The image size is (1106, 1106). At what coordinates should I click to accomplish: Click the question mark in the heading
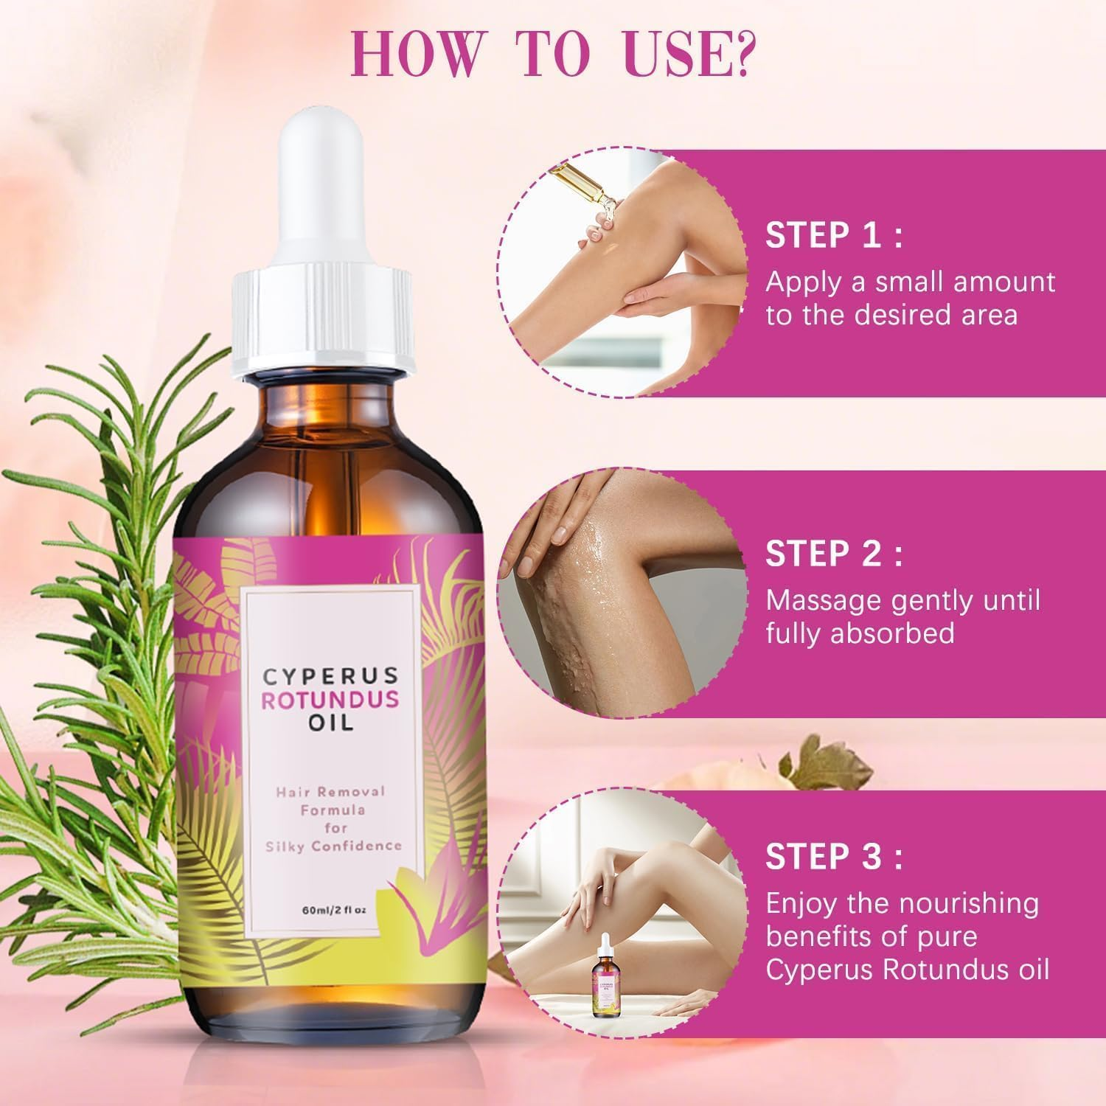[x=740, y=55]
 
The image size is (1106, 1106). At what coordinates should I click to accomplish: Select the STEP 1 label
[x=834, y=237]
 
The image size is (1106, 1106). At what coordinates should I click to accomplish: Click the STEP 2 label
[x=834, y=554]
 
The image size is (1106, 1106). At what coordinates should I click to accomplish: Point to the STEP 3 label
[x=834, y=857]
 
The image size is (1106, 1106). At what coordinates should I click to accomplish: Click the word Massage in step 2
[x=823, y=601]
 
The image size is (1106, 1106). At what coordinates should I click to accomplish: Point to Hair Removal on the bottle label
[x=331, y=791]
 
